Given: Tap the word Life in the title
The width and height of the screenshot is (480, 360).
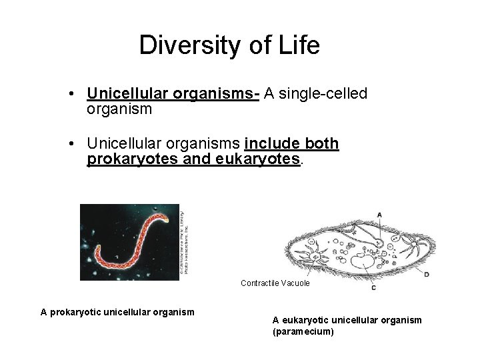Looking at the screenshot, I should [299, 45].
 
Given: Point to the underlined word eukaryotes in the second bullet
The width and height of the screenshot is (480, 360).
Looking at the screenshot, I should [259, 160].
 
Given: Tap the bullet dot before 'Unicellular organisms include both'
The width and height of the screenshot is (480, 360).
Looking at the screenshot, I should [71, 145].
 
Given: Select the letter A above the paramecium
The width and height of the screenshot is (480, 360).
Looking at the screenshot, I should [379, 214].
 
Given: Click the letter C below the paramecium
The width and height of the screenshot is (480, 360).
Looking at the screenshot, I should [373, 287].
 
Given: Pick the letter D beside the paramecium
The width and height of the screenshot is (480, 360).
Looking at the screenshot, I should [426, 274].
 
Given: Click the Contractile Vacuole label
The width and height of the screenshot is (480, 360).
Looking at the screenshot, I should [275, 283].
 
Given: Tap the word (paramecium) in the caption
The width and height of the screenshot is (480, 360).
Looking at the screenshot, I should [303, 331].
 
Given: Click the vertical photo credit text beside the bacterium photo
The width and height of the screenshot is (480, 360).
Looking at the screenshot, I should [186, 242].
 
